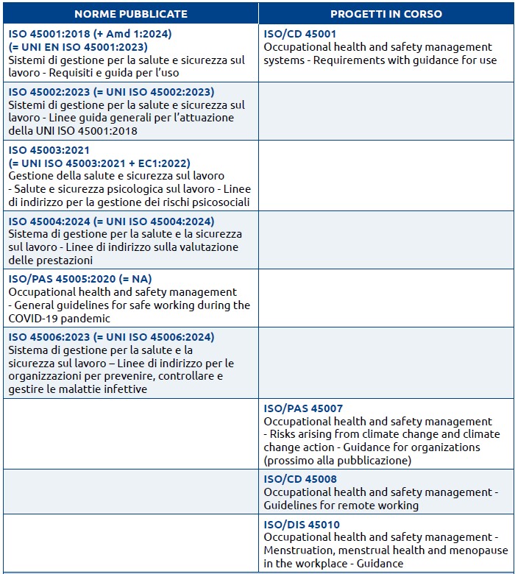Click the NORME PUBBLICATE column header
131,14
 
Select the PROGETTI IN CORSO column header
386,14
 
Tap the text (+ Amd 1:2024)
132,34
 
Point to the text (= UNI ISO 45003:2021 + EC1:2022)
99,163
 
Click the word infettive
126,389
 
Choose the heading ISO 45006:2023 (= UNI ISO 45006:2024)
111,337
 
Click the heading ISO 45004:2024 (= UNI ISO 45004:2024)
111,222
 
